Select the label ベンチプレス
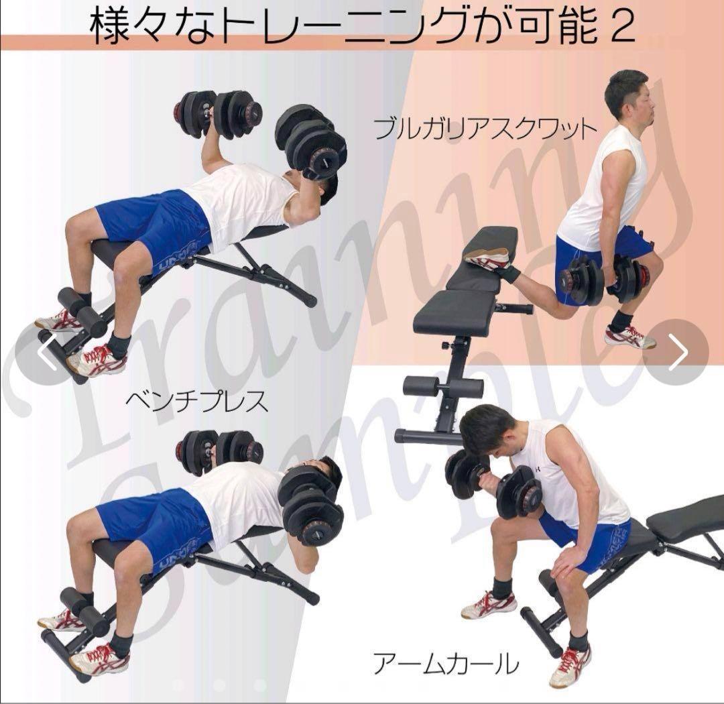196,402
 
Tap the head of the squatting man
629,101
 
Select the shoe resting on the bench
488,257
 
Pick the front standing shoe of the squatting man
629,337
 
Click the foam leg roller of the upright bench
442,388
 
